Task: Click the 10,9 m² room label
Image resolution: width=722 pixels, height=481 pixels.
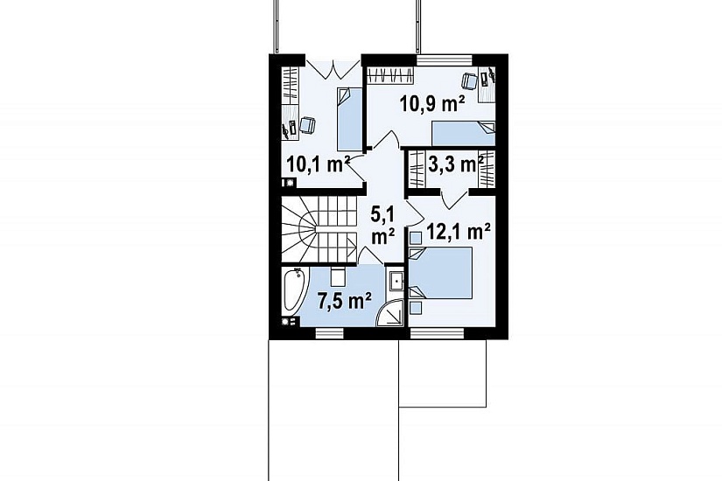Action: point(432,104)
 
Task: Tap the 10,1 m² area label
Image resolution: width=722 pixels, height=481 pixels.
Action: point(318,164)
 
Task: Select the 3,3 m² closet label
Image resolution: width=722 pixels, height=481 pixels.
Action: point(456,164)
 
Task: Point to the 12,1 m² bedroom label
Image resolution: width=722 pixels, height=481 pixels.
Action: point(459,232)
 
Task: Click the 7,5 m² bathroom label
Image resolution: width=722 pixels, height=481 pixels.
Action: point(345,301)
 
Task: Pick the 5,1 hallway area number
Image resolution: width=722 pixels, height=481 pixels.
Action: point(382,214)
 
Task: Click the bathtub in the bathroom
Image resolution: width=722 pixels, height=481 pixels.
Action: point(294,290)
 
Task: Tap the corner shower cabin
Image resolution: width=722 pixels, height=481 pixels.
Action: point(390,313)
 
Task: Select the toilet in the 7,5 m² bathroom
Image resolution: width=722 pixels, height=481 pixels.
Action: point(338,275)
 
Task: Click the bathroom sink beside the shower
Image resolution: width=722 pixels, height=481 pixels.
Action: point(395,279)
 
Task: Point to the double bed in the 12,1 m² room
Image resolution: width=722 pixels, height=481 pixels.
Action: point(441,274)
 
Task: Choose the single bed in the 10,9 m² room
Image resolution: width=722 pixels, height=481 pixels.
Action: point(463,133)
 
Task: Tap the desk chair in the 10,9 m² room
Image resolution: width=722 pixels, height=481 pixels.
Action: point(469,81)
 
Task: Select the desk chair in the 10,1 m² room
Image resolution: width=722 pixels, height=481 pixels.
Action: point(307,125)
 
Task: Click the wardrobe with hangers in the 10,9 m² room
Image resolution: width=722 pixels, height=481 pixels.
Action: point(390,74)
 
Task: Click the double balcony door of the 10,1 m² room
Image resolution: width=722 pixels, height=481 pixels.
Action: point(333,69)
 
